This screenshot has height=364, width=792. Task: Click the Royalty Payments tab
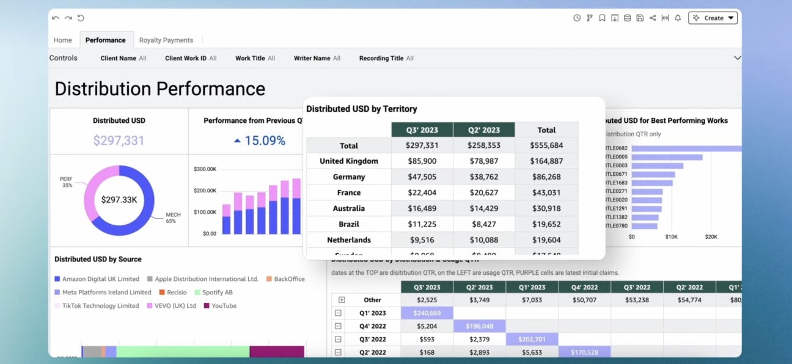166,40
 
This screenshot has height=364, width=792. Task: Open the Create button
713,18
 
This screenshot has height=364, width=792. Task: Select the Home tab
62,40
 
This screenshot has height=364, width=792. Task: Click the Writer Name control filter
317,59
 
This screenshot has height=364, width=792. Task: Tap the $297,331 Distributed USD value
119,140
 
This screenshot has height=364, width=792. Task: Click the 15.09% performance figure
264,140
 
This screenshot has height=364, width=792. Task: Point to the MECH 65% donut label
173,218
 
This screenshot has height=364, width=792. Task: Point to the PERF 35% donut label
66,182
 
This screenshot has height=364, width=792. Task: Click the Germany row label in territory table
349,177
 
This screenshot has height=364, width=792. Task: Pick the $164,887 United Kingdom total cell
546,161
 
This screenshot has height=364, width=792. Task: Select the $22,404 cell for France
422,192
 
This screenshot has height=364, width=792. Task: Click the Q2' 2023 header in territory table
483,130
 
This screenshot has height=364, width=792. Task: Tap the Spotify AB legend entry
213,293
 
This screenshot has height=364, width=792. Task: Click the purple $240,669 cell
427,313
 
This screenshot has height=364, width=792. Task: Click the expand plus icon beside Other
342,300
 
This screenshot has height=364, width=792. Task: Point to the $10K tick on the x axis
671,237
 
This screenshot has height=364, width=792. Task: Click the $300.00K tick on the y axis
205,169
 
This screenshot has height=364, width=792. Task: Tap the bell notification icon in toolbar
678,18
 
